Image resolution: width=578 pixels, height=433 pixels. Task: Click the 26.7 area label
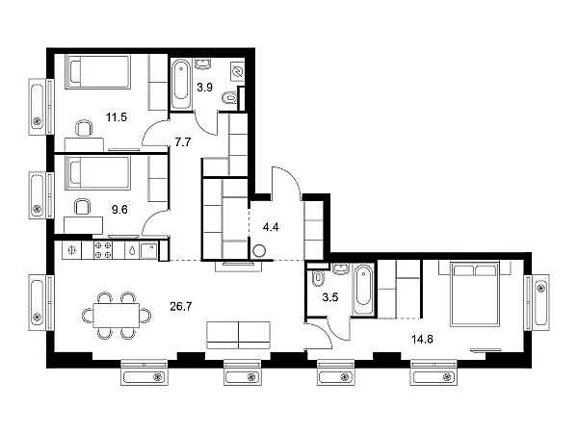pyautogui.click(x=181, y=306)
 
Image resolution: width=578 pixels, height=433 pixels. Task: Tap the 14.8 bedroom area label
pyautogui.click(x=422, y=339)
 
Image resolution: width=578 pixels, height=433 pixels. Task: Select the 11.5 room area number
pyautogui.click(x=117, y=117)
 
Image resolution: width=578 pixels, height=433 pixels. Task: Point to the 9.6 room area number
pyautogui.click(x=119, y=210)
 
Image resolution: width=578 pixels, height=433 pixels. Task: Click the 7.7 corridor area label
pyautogui.click(x=183, y=142)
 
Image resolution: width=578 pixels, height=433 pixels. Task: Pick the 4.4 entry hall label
pyautogui.click(x=271, y=227)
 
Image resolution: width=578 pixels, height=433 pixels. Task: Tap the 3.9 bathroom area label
pyautogui.click(x=204, y=88)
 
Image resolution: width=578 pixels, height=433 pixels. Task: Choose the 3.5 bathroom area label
pyautogui.click(x=329, y=297)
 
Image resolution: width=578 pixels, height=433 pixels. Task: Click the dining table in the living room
pyautogui.click(x=117, y=316)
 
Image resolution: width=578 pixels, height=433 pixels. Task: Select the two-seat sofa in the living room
pyautogui.click(x=239, y=335)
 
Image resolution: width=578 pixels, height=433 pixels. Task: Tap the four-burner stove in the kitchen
pyautogui.click(x=103, y=250)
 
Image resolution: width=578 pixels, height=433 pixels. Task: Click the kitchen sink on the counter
pyautogui.click(x=149, y=250)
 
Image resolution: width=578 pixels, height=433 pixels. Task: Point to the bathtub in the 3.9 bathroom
pyautogui.click(x=181, y=85)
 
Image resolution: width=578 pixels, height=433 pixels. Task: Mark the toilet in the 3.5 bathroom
pyautogui.click(x=317, y=279)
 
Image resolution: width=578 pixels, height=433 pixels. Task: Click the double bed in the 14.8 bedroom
pyautogui.click(x=475, y=293)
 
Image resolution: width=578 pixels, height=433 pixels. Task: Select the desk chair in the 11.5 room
pyautogui.click(x=84, y=128)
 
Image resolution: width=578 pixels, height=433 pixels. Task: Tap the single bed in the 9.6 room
pyautogui.click(x=98, y=173)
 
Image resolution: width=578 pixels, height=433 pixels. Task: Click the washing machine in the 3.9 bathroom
pyautogui.click(x=237, y=71)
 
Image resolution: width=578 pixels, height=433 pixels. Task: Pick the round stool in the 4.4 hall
pyautogui.click(x=259, y=251)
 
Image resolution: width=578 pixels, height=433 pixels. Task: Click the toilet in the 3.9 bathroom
pyautogui.click(x=229, y=98)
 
